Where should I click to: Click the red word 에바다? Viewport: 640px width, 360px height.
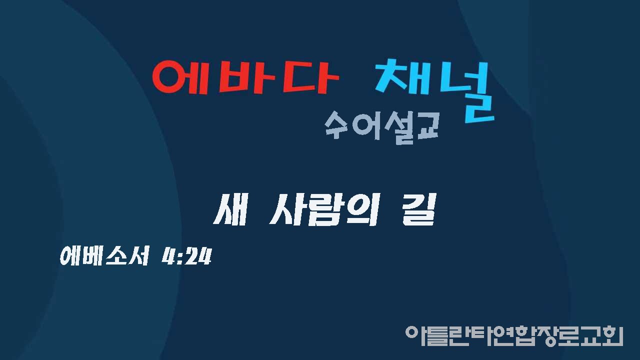point(245,77)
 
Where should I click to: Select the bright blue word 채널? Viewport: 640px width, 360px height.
point(434,91)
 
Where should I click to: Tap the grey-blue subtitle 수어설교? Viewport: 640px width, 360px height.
point(381,127)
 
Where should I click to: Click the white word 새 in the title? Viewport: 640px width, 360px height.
point(230,209)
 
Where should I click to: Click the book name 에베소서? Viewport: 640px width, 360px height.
point(104,256)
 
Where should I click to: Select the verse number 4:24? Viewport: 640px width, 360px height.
point(186,256)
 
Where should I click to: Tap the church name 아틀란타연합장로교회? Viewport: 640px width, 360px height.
point(514,335)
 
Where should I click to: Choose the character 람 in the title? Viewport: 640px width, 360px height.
point(323,210)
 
